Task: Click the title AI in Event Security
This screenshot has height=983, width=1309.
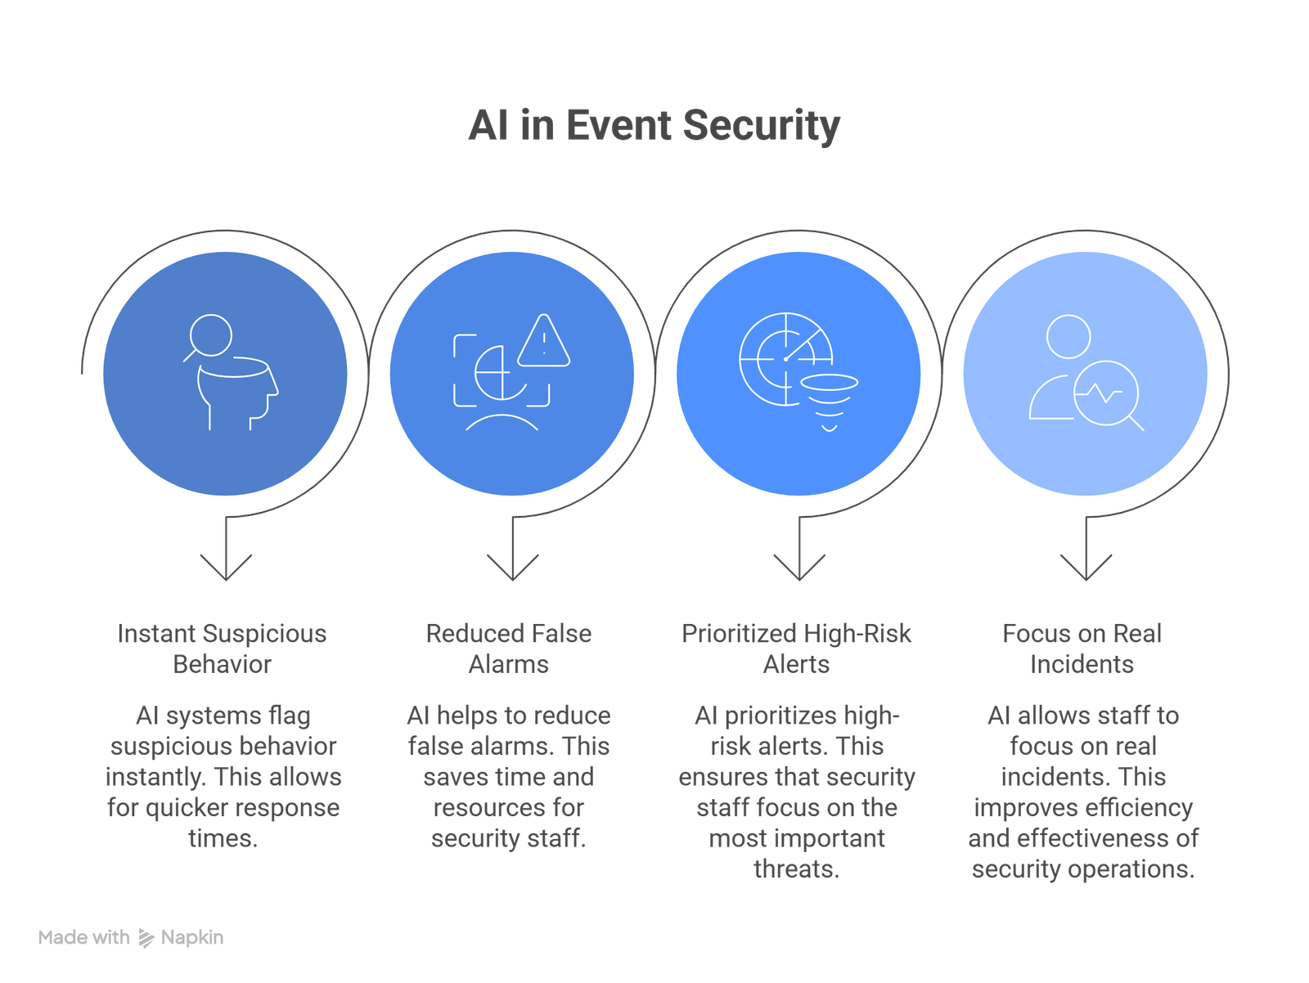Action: [x=654, y=126]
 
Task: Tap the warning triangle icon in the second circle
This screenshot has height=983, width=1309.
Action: [x=543, y=342]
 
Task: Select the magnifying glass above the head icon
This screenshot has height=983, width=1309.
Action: [x=209, y=335]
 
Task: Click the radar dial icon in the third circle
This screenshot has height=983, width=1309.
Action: [x=785, y=357]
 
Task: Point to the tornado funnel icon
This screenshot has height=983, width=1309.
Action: [x=829, y=401]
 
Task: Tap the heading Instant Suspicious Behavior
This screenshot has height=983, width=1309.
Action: [x=223, y=649]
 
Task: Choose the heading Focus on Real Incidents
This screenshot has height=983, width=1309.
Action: [x=1082, y=649]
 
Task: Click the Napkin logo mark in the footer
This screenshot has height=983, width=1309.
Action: [x=146, y=938]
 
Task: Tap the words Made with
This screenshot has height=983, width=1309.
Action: [x=83, y=938]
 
